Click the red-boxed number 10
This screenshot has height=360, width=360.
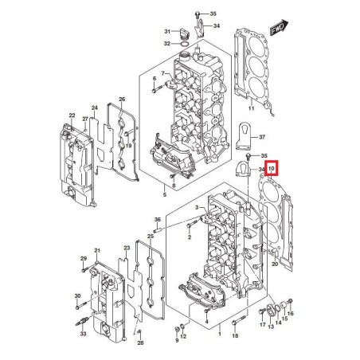[x=272, y=168]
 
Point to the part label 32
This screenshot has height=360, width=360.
[x=167, y=43]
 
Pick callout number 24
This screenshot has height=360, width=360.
[x=95, y=107]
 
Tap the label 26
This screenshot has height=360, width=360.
[x=122, y=100]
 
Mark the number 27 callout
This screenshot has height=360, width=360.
[x=86, y=119]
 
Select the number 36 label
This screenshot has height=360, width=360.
[x=158, y=219]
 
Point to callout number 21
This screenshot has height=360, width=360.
[x=98, y=251]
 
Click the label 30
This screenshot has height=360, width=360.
[x=77, y=297]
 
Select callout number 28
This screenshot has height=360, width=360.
[x=141, y=342]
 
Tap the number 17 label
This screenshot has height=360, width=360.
[x=262, y=326]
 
